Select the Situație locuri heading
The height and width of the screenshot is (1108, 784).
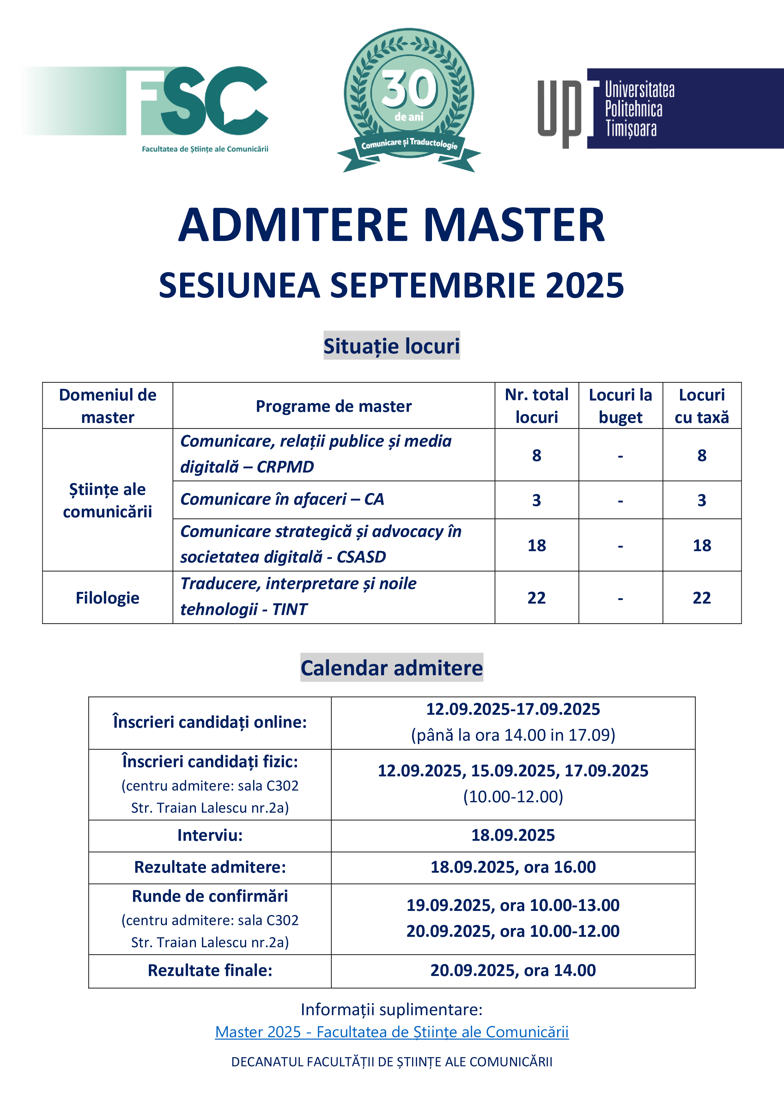coord(392,346)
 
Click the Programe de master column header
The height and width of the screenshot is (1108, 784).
coord(334,406)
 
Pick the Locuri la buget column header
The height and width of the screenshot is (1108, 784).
coord(620,406)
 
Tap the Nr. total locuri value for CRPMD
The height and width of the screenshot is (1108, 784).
coord(536,455)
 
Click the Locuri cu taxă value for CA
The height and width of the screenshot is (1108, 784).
coord(702,500)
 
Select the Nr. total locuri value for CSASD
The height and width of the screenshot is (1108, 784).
coord(536,545)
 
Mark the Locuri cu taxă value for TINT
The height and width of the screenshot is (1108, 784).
coord(702,598)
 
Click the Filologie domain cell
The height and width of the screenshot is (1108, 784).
coord(108,598)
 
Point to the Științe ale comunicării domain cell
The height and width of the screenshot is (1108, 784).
coord(108,500)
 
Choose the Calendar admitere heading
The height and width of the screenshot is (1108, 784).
coord(392,668)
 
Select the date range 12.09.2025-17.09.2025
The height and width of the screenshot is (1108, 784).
coord(513,709)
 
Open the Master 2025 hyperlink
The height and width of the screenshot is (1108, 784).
coord(392,1032)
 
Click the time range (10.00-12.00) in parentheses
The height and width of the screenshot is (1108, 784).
coord(513,797)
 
